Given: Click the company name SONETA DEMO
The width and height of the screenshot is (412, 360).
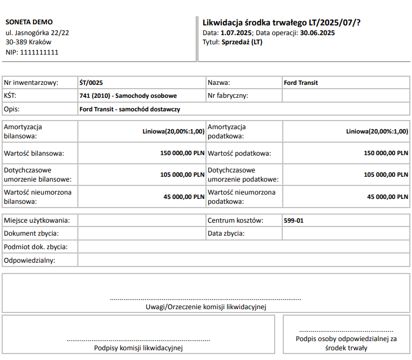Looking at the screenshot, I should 29,22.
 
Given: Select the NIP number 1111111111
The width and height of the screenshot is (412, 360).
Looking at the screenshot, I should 39,52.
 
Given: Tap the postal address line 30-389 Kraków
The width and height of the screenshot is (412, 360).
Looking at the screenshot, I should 28,42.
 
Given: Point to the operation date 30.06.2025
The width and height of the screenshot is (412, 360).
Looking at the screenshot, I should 317,33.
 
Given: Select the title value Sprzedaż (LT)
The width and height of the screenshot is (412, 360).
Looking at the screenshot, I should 242,42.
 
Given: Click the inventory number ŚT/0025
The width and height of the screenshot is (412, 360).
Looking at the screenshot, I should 91,83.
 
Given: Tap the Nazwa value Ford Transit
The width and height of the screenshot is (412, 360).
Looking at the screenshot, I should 301,83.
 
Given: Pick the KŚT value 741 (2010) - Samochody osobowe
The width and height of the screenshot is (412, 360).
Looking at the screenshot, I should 128,96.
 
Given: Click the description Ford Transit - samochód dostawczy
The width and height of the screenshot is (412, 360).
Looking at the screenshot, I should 130,109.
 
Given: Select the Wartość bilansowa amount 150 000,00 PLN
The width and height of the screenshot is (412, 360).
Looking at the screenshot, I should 182,153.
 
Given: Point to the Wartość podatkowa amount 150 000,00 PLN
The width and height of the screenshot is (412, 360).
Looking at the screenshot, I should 386,153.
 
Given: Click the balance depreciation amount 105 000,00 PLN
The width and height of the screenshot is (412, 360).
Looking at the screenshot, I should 182,175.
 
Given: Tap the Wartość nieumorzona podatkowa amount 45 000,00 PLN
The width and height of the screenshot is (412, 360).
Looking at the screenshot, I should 388,197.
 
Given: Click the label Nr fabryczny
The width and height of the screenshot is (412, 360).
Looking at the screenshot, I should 228,96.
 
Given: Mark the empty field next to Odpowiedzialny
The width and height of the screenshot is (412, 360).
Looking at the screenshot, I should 243,260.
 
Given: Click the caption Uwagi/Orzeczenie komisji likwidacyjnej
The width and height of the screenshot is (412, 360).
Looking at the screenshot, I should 206,307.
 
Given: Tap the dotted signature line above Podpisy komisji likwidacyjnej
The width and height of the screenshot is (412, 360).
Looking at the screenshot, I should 138,340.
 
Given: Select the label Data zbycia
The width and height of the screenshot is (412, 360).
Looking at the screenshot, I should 226,234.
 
